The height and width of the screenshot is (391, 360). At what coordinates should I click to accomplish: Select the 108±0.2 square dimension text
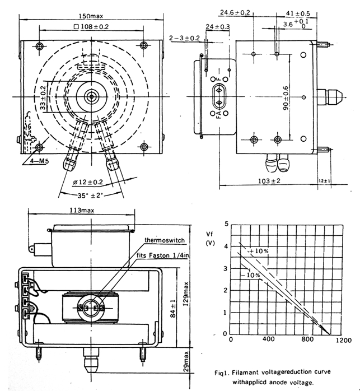point(92,27)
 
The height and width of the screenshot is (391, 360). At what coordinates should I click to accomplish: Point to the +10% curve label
point(259,250)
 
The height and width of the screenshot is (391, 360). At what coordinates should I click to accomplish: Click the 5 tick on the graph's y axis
point(226,224)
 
